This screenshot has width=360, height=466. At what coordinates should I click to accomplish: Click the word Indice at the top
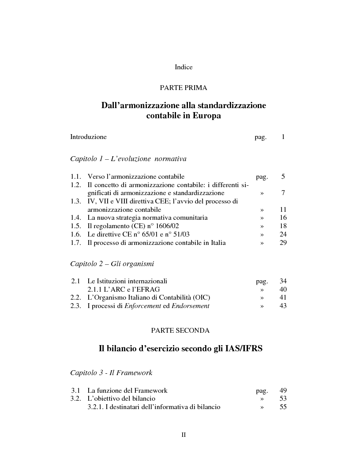[184, 67]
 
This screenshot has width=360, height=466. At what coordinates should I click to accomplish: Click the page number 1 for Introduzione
[283, 137]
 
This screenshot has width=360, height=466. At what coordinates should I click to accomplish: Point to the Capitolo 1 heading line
[128, 158]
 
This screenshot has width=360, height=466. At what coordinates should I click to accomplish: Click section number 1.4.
[75, 218]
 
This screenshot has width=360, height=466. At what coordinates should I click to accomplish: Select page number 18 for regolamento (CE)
[283, 226]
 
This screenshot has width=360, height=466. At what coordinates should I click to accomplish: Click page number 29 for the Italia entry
[283, 243]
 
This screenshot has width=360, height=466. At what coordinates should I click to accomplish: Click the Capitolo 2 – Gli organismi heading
[112, 264]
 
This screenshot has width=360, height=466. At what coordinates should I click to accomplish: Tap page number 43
[283, 306]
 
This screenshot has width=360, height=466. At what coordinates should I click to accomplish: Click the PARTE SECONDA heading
[180, 330]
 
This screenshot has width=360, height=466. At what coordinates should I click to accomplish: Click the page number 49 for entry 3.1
[283, 391]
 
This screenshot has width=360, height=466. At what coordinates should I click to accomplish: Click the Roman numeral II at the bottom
[184, 435]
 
